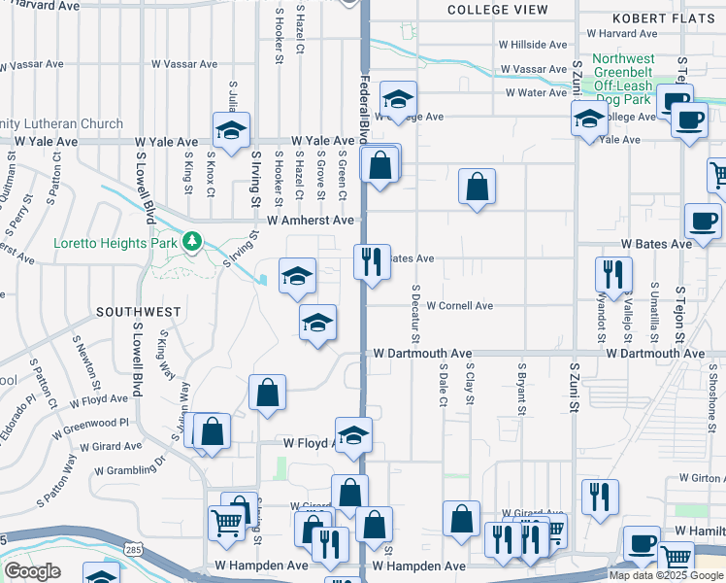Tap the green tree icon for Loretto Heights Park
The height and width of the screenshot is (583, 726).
[193, 240]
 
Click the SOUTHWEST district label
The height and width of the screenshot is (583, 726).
[138, 312]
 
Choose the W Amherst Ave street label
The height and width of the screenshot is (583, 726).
[311, 221]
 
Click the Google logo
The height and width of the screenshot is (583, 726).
[32, 571]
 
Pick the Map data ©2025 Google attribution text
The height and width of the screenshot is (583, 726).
[666, 575]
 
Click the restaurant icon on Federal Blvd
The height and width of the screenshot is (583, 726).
[371, 262]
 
